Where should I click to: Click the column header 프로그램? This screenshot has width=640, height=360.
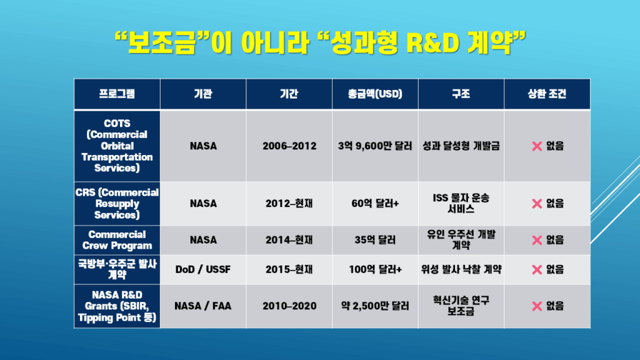117,94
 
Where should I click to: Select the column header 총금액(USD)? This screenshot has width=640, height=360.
375,94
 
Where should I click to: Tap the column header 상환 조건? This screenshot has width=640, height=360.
547,94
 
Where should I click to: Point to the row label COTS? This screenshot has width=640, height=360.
117,146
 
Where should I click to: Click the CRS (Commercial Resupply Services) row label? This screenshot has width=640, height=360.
117,203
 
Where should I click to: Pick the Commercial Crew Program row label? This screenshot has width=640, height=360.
117,240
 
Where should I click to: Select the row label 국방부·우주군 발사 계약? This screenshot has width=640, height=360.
117,269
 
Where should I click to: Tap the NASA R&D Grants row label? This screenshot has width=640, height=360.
117,306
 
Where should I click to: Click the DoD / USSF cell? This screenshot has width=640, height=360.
203,269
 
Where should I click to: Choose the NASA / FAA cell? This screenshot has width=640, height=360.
203,306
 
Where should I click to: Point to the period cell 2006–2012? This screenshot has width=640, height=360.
289,146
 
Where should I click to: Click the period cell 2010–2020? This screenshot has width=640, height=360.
289,306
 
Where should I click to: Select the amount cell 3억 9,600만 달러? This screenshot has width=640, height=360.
375,146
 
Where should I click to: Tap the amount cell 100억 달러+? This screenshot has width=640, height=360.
375,269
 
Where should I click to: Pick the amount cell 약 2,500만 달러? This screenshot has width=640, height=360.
375,306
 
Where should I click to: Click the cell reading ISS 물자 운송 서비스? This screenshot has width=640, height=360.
461,203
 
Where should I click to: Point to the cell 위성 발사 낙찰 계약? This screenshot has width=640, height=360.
461,269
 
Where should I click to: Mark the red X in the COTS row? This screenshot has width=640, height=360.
537,146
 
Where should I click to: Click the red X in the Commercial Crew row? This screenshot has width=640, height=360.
537,240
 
